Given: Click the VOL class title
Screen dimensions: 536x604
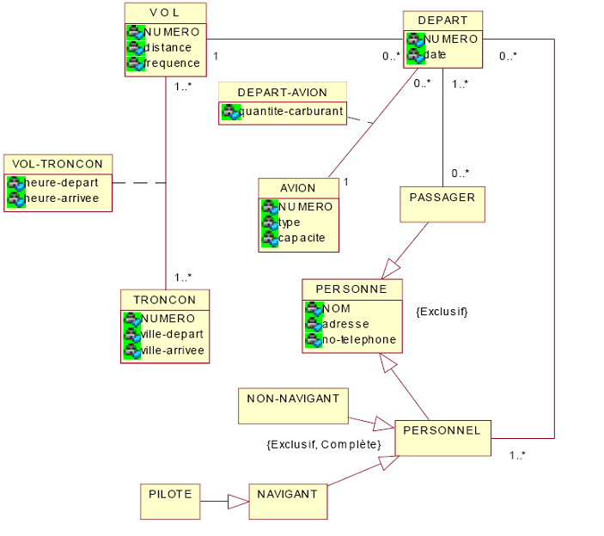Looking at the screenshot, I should point(165,14).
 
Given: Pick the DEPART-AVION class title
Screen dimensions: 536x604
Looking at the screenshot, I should point(282,92).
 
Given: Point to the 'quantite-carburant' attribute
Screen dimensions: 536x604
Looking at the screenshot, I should point(291,111).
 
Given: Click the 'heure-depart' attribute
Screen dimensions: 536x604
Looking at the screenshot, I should point(62,182).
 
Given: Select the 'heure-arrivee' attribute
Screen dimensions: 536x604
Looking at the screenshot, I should point(62,198).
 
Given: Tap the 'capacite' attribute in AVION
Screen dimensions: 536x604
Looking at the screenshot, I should point(302,237).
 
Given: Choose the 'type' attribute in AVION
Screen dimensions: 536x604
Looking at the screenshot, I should point(290,222).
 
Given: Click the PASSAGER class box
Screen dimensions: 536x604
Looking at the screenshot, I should point(442,204).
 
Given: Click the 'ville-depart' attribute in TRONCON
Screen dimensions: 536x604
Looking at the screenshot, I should point(172,334).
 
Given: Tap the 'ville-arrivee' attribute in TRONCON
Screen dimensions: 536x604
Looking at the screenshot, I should point(174,350).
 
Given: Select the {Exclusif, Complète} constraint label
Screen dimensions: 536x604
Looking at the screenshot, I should point(324,444).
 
